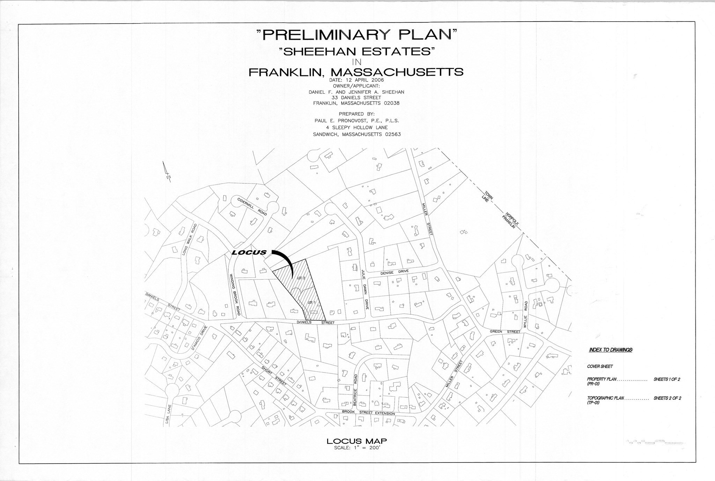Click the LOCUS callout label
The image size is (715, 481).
[x=249, y=252]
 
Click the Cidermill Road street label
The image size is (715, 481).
[x=252, y=206]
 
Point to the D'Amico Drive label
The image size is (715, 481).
[x=199, y=338]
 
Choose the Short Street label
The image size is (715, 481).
[x=274, y=375]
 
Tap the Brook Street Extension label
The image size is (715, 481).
[x=368, y=412]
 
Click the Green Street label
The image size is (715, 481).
[x=505, y=331]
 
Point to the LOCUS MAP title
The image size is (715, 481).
[x=356, y=441]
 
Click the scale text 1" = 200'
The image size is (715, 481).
[x=356, y=448]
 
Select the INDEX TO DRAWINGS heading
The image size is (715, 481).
[x=611, y=350]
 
